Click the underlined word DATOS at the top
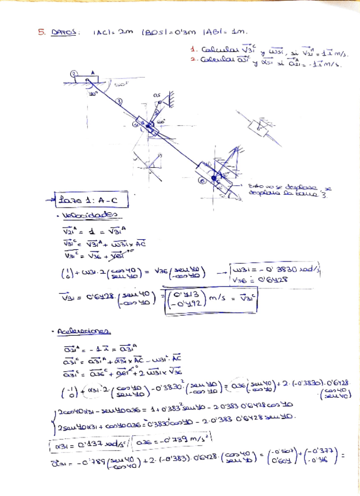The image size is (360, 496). pos(64,33)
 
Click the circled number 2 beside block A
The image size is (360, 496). pos(74,73)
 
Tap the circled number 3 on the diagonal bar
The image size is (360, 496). pos(119,102)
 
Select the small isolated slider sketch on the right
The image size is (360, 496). pos(260,125)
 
